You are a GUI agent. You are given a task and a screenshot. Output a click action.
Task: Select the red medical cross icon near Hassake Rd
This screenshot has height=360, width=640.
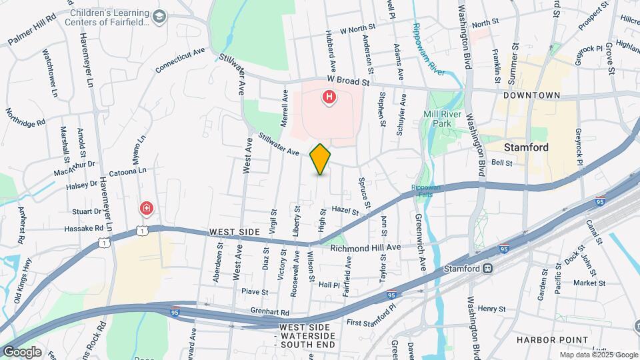(146, 209)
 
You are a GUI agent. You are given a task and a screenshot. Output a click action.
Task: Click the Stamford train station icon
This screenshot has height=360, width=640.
(488, 269)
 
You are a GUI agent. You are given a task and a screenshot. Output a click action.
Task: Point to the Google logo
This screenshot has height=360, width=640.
(21, 352)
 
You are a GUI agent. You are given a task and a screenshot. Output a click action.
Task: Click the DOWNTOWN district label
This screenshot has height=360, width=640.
(531, 95)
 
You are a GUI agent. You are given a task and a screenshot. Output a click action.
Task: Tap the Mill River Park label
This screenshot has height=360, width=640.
(443, 119)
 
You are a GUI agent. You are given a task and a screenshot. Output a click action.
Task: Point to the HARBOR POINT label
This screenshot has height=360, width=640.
(552, 340)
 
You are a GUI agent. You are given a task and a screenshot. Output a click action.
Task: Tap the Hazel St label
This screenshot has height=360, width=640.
(345, 211)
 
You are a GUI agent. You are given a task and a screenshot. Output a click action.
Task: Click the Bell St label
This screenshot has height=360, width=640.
(501, 163)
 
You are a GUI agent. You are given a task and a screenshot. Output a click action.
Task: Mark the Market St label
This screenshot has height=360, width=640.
(589, 283)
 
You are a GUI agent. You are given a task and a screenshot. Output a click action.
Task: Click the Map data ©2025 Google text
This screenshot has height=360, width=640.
(598, 355)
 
